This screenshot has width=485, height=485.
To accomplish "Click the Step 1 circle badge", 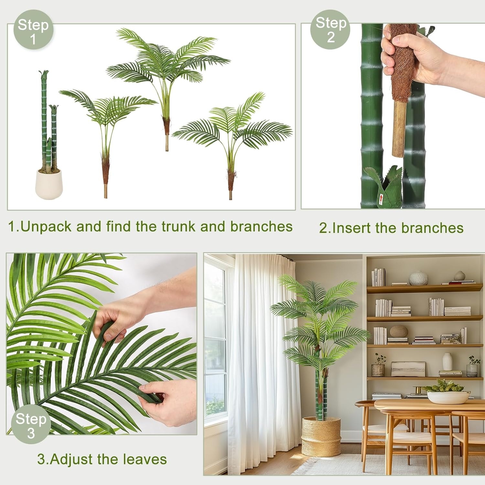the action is (x=33, y=30).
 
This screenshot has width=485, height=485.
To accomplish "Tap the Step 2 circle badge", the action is (x=330, y=29).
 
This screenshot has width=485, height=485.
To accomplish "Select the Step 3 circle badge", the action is (x=31, y=424).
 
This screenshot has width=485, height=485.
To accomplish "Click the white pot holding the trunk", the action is (x=49, y=184).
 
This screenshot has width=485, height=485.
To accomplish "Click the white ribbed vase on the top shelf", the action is (x=418, y=278).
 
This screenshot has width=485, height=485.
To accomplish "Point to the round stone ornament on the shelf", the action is (x=399, y=331).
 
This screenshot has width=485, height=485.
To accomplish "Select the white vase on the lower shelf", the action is (x=447, y=361).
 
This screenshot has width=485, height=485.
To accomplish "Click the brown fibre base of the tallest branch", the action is (x=167, y=126).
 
